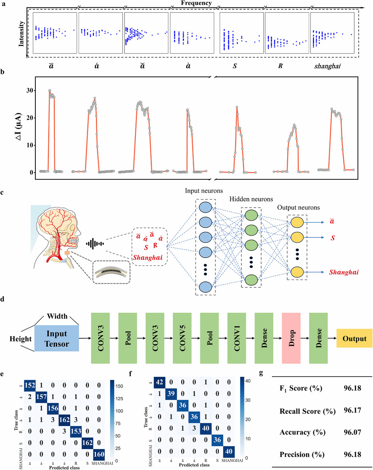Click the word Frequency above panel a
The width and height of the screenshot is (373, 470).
tap(196, 3)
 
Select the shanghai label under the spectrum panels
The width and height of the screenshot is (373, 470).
tap(327, 66)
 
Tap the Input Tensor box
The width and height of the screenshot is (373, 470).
tap(57, 338)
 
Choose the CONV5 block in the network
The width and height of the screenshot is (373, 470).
tap(182, 338)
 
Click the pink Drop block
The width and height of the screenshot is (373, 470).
tap(292, 338)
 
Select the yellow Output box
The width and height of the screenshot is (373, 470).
tap(354, 338)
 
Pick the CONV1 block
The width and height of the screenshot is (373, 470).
tap(237, 338)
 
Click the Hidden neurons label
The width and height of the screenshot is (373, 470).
tap(251, 199)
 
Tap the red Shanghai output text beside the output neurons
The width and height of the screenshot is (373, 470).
tap(344, 272)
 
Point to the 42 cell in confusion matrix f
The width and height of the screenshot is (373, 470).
tap(159, 382)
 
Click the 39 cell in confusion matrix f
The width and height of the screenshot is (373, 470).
tap(171, 394)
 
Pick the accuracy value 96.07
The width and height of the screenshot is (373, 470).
tap(352, 432)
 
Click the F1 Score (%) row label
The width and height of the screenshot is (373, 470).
tap(301, 388)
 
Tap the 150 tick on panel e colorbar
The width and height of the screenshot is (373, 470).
tap(118, 386)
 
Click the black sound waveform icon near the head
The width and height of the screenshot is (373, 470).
tap(95, 244)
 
